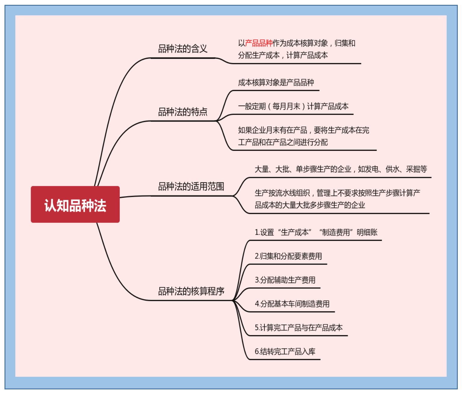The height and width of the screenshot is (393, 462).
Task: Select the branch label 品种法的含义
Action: click(x=183, y=49)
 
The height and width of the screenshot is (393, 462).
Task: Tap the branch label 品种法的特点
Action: click(x=183, y=112)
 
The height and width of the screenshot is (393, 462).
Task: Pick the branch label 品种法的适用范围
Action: click(x=191, y=187)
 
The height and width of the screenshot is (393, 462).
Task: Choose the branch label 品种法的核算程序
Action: click(x=191, y=291)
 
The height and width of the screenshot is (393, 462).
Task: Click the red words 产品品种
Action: click(x=259, y=43)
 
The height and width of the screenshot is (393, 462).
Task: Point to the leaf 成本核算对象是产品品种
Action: click(x=276, y=82)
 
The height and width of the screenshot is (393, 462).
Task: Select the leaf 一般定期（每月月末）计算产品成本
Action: click(x=293, y=106)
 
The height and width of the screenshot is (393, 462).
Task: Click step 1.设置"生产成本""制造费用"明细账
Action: click(x=316, y=232)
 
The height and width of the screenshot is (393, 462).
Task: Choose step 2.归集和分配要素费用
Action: click(x=288, y=256)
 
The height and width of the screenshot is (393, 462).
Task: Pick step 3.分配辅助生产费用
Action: click(x=285, y=280)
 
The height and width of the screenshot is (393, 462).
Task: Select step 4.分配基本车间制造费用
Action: click(x=292, y=304)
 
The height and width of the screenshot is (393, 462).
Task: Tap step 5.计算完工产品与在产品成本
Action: click(x=299, y=328)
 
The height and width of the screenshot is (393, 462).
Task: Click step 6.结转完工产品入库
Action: click(x=285, y=351)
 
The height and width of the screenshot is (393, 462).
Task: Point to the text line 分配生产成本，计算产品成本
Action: click(x=283, y=55)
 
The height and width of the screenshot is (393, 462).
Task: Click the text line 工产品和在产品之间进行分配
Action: click(x=283, y=142)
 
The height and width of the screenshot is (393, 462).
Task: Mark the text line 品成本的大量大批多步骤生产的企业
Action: click(x=310, y=205)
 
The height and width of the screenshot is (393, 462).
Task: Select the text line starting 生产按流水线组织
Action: click(x=337, y=193)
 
